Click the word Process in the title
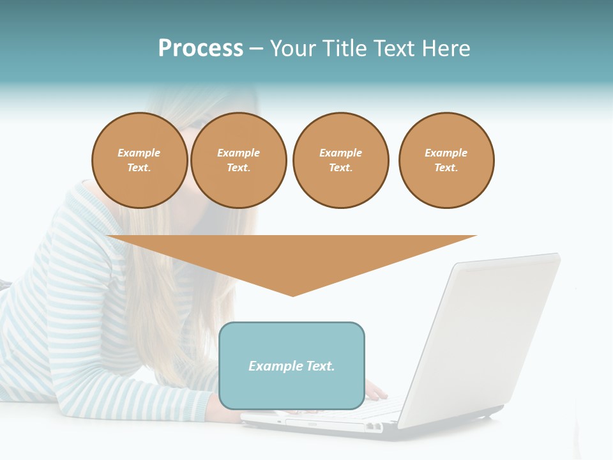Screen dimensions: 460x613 click(201, 49)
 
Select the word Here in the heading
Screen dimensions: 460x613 click(446, 49)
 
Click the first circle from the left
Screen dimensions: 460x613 click(139, 160)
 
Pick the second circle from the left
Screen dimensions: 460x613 click(238, 160)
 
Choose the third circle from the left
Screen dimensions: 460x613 click(340, 160)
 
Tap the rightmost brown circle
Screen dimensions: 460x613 click(446, 160)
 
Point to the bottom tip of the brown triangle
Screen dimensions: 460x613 click(292, 295)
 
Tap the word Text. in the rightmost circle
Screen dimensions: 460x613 click(446, 168)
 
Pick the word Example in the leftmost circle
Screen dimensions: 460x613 click(139, 153)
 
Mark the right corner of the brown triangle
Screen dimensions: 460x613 click(475, 236)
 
